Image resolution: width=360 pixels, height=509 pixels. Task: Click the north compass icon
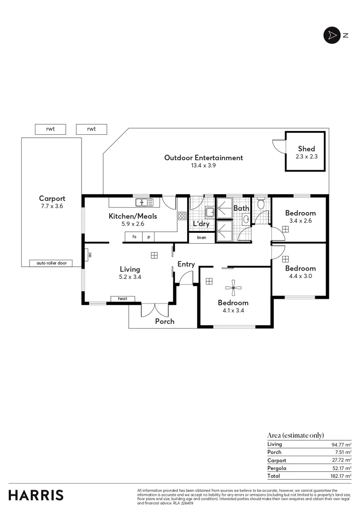click(332, 35)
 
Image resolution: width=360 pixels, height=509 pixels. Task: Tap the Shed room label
click(306, 149)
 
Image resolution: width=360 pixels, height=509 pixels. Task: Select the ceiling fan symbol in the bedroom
click(233, 287)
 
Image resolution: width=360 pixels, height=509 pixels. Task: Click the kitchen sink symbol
click(144, 202)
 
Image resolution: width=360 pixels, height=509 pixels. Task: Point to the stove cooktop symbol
click(182, 216)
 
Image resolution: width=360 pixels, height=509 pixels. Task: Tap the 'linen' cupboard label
click(202, 238)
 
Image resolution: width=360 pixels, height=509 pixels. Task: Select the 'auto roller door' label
click(51, 263)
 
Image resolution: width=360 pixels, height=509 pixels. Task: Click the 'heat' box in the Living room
click(123, 299)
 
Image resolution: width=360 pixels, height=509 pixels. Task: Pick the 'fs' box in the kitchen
click(134, 237)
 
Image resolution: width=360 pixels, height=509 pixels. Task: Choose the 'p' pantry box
click(148, 237)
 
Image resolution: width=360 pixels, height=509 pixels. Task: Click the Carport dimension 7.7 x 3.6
click(52, 206)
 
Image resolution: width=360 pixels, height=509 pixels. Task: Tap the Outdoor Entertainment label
click(204, 158)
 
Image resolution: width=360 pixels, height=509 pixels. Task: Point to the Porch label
click(164, 321)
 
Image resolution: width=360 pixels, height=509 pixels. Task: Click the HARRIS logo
click(36, 495)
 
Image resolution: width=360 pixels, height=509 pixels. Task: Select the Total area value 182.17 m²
click(341, 476)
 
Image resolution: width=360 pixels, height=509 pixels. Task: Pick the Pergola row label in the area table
click(277, 468)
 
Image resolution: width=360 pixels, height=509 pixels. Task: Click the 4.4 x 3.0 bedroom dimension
click(300, 276)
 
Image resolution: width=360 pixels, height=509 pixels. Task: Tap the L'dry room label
click(201, 224)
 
